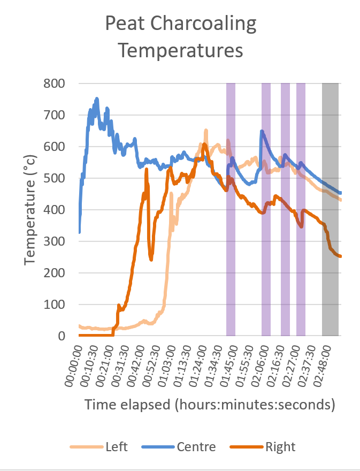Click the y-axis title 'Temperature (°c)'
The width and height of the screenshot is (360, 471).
(x=30, y=209)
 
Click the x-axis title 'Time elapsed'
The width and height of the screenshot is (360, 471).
(x=209, y=405)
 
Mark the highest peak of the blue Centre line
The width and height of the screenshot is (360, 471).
(x=97, y=98)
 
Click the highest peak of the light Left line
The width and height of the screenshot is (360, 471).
(x=206, y=130)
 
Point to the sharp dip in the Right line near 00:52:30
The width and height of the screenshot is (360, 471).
(x=151, y=260)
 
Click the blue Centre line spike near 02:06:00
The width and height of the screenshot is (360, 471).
(x=262, y=131)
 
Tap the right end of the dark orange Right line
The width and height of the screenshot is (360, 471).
(x=340, y=256)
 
